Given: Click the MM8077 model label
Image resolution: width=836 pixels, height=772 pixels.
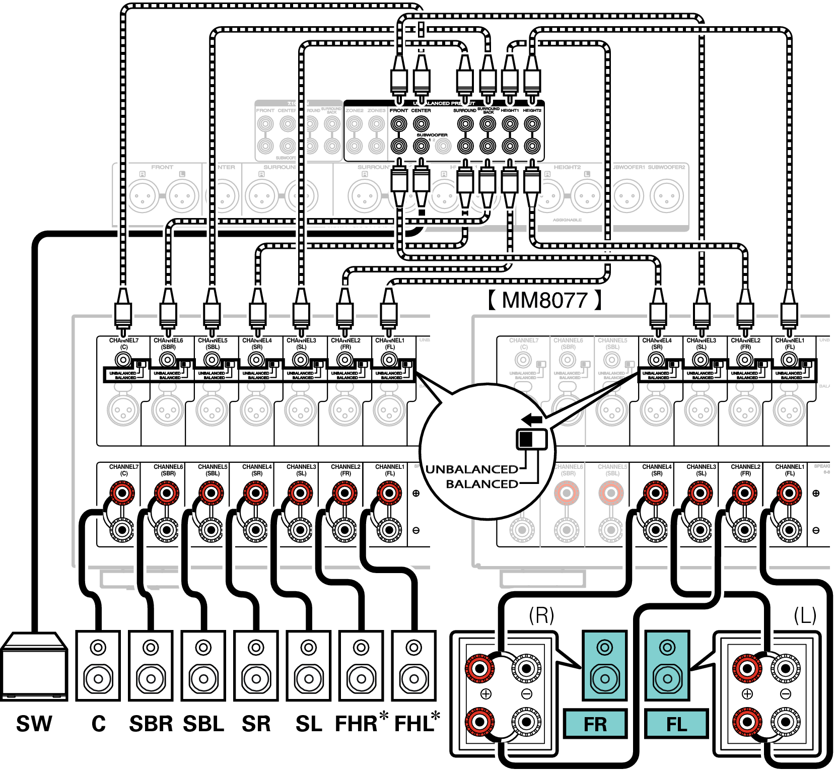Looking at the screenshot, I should [x=544, y=301].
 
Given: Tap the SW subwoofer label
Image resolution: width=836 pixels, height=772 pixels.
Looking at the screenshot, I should [x=34, y=724].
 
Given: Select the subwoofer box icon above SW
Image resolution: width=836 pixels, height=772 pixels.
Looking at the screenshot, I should [x=34, y=666].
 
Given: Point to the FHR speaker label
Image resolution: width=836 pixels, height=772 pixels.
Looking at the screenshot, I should [x=357, y=724].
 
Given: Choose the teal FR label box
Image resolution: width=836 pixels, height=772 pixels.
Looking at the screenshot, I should [x=595, y=724].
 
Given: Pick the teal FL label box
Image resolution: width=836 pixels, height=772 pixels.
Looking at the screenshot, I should [x=676, y=724].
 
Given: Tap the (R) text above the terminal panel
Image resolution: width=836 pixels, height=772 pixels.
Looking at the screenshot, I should [x=541, y=615].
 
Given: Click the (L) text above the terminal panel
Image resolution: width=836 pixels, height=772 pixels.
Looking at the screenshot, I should [x=805, y=615].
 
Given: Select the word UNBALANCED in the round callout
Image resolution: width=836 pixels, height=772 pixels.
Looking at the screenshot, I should [x=472, y=469].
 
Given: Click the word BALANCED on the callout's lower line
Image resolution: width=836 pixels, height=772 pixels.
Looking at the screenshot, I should [x=482, y=484].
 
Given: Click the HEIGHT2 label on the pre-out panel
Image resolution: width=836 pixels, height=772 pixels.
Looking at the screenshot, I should [x=532, y=110].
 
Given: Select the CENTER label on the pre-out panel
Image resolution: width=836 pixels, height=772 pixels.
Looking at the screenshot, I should [x=421, y=110].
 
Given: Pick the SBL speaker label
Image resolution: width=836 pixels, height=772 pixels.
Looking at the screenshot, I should [x=203, y=724].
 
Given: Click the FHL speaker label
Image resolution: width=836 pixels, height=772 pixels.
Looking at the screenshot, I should [x=414, y=724].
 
